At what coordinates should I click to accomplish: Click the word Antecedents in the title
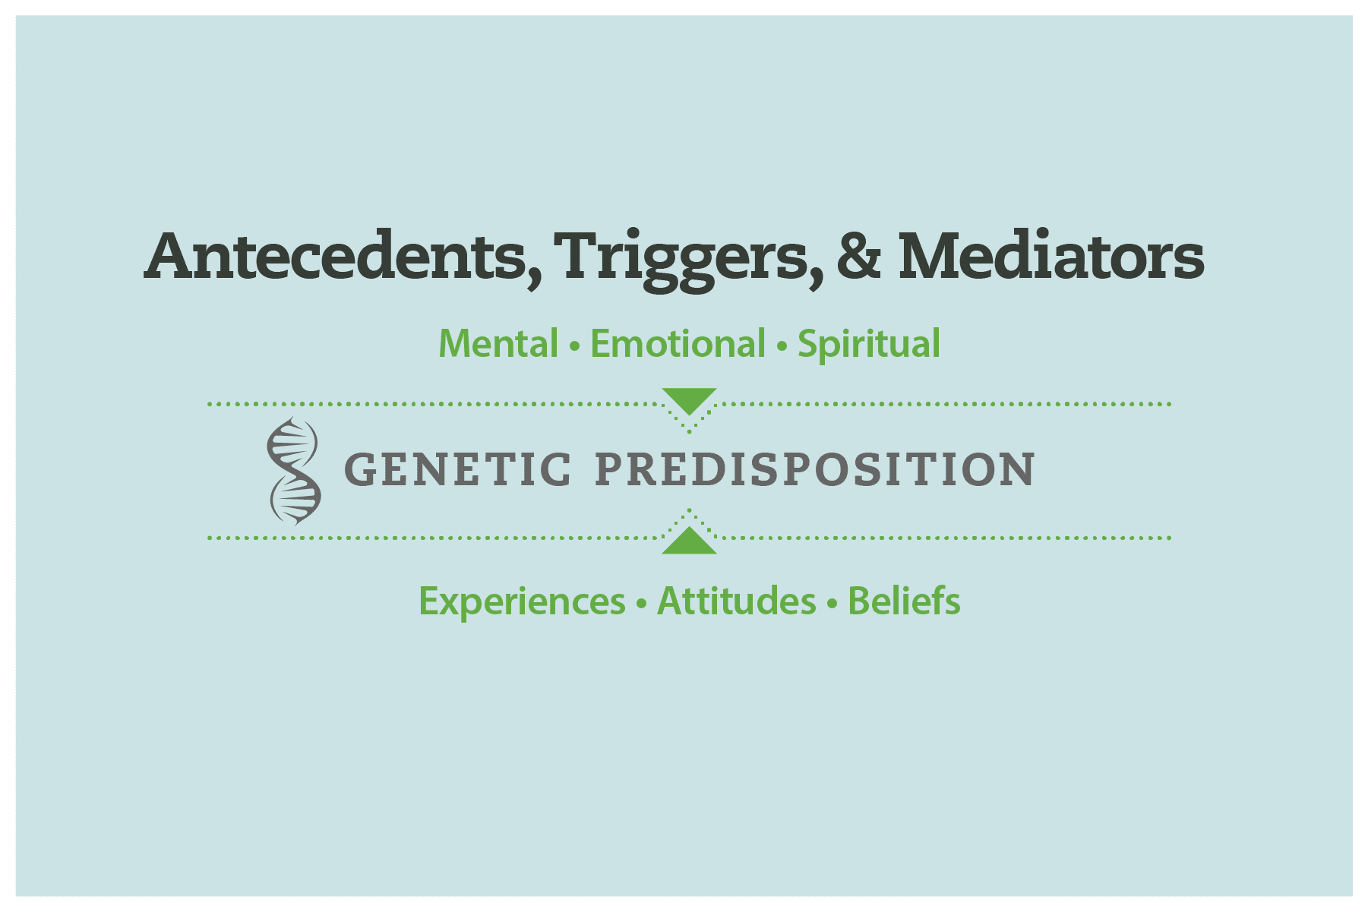tap(335, 256)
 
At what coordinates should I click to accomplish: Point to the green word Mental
tap(498, 344)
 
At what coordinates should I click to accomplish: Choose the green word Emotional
tap(678, 344)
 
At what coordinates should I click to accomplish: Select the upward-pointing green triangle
tap(689, 542)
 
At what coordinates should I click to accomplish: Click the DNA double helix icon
tap(294, 471)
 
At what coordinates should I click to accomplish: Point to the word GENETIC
tap(457, 469)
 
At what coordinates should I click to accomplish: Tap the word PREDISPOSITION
tap(815, 469)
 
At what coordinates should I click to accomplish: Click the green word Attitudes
tap(736, 601)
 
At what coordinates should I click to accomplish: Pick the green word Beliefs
tap(904, 601)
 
